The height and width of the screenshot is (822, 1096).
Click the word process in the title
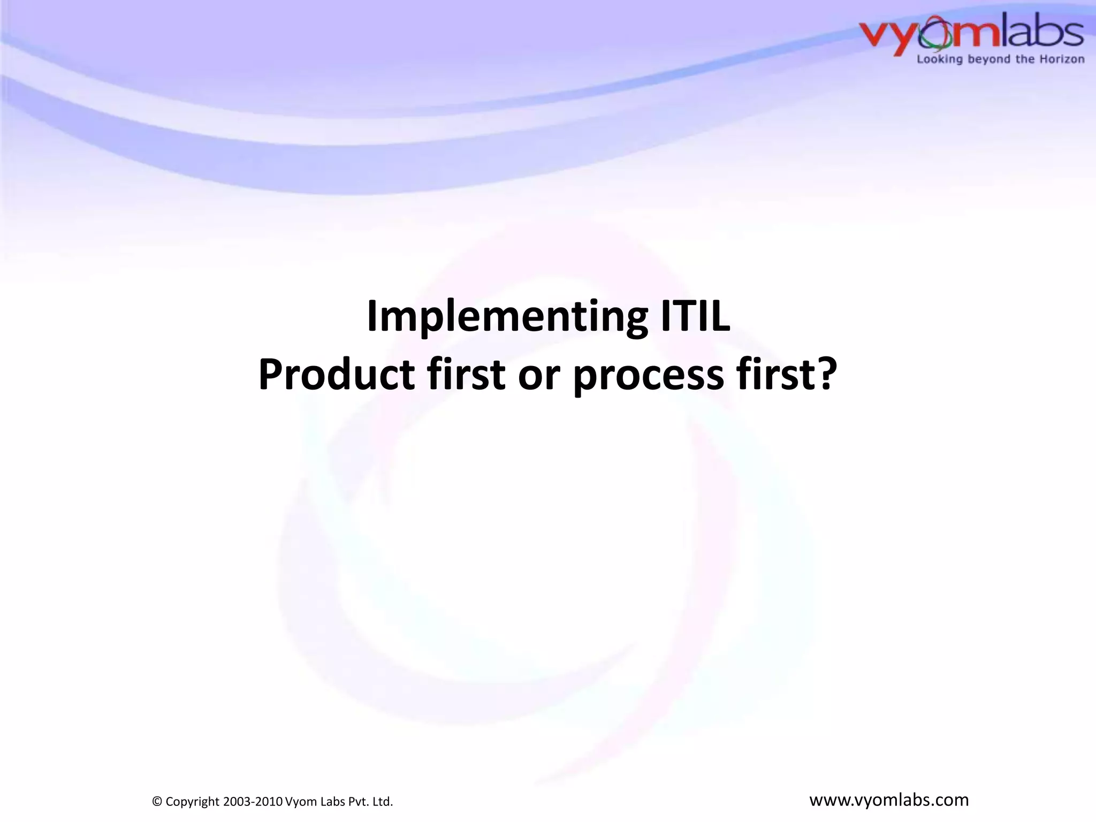(x=648, y=375)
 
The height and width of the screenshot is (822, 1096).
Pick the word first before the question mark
(x=773, y=374)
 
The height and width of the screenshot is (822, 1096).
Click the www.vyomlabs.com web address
(x=888, y=800)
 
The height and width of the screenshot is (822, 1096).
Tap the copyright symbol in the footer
(x=157, y=801)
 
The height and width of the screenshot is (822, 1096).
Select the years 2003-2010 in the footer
(x=253, y=801)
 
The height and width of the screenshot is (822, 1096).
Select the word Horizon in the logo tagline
(x=1062, y=59)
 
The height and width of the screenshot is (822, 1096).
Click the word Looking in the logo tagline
(x=940, y=59)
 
